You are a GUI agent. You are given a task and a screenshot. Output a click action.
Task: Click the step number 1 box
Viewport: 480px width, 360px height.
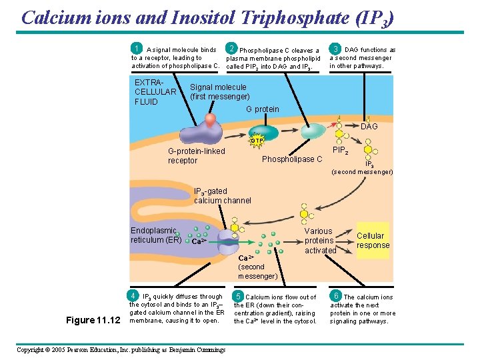(137, 49)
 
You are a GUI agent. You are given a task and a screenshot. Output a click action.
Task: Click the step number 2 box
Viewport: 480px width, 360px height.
(231, 49)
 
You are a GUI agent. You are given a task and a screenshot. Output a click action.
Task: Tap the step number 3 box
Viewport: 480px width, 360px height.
(337, 49)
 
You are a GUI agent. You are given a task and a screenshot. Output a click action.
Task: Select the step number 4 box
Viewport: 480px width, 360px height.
(134, 295)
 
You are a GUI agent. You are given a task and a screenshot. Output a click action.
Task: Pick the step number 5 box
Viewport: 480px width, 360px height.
(238, 296)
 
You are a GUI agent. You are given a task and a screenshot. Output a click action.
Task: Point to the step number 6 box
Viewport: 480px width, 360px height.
(337, 295)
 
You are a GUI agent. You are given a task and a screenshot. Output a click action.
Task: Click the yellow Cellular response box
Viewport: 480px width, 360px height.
(373, 240)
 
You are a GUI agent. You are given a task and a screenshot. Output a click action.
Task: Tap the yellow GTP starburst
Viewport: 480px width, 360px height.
(257, 141)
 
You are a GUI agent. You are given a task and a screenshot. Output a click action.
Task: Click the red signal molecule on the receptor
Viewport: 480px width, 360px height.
(210, 120)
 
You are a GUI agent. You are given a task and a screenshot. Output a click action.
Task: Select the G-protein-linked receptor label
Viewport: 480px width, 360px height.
(196, 156)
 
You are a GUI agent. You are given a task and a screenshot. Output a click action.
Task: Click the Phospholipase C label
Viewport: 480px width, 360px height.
(291, 159)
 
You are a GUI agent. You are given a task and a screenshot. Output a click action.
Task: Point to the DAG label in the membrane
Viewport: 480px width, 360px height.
(369, 127)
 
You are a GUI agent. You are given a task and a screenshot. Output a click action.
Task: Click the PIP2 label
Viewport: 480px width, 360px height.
(340, 152)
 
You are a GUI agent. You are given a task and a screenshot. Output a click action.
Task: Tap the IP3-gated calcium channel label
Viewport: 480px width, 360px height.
(222, 196)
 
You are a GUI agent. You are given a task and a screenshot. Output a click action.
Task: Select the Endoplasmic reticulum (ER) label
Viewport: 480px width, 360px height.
(155, 235)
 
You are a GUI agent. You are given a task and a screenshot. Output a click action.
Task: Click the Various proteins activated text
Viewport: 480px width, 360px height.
(320, 241)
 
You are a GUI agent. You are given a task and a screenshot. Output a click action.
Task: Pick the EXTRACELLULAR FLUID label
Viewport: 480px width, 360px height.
(155, 92)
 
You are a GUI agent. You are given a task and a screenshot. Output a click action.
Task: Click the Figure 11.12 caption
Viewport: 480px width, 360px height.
(93, 320)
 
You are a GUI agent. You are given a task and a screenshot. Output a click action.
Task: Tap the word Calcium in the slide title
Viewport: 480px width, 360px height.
(56, 17)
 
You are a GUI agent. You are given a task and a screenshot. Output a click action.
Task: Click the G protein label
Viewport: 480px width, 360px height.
(262, 109)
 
